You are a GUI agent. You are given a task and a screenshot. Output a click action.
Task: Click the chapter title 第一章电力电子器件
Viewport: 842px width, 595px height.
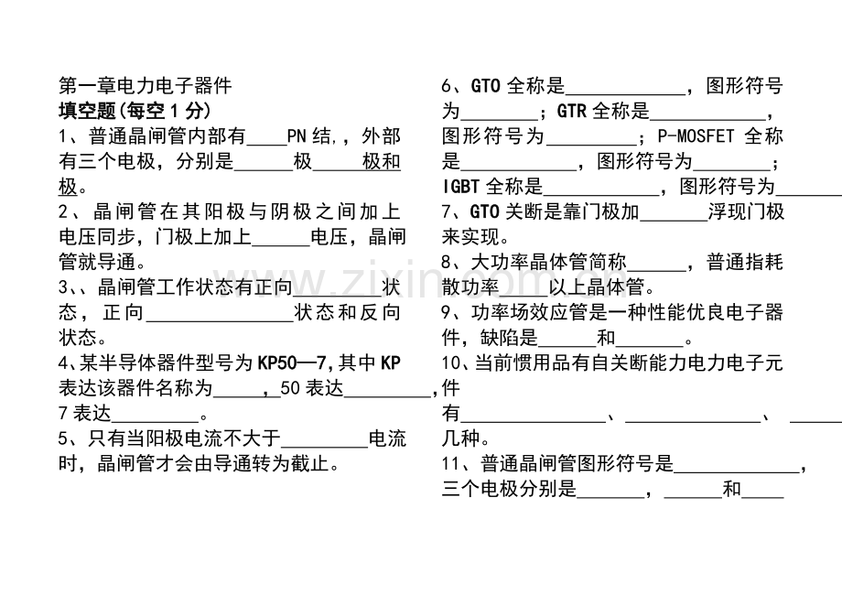145,85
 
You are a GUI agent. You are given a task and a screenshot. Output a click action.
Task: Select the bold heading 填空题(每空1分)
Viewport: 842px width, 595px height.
135,111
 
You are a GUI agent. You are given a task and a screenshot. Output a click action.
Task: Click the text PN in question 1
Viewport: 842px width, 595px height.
297,135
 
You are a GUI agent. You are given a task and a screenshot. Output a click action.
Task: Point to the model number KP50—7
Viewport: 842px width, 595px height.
292,363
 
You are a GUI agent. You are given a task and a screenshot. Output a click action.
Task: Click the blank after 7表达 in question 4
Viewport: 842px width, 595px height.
156,421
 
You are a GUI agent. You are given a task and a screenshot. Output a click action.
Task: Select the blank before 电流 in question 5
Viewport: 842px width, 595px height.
324,447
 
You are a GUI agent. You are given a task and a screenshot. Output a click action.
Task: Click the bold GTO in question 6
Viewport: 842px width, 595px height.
485,86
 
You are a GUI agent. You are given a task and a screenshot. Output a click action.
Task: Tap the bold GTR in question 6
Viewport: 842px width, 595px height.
571,111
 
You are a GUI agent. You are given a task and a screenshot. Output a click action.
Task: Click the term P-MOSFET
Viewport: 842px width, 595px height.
696,135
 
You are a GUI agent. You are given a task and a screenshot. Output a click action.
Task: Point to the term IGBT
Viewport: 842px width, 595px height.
460,187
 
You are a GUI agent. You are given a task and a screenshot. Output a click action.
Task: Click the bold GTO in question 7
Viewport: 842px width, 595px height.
485,211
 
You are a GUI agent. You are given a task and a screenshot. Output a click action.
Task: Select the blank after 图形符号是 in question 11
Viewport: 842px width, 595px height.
737,471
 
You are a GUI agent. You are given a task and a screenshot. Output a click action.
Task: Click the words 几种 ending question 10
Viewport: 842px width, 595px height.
460,438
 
